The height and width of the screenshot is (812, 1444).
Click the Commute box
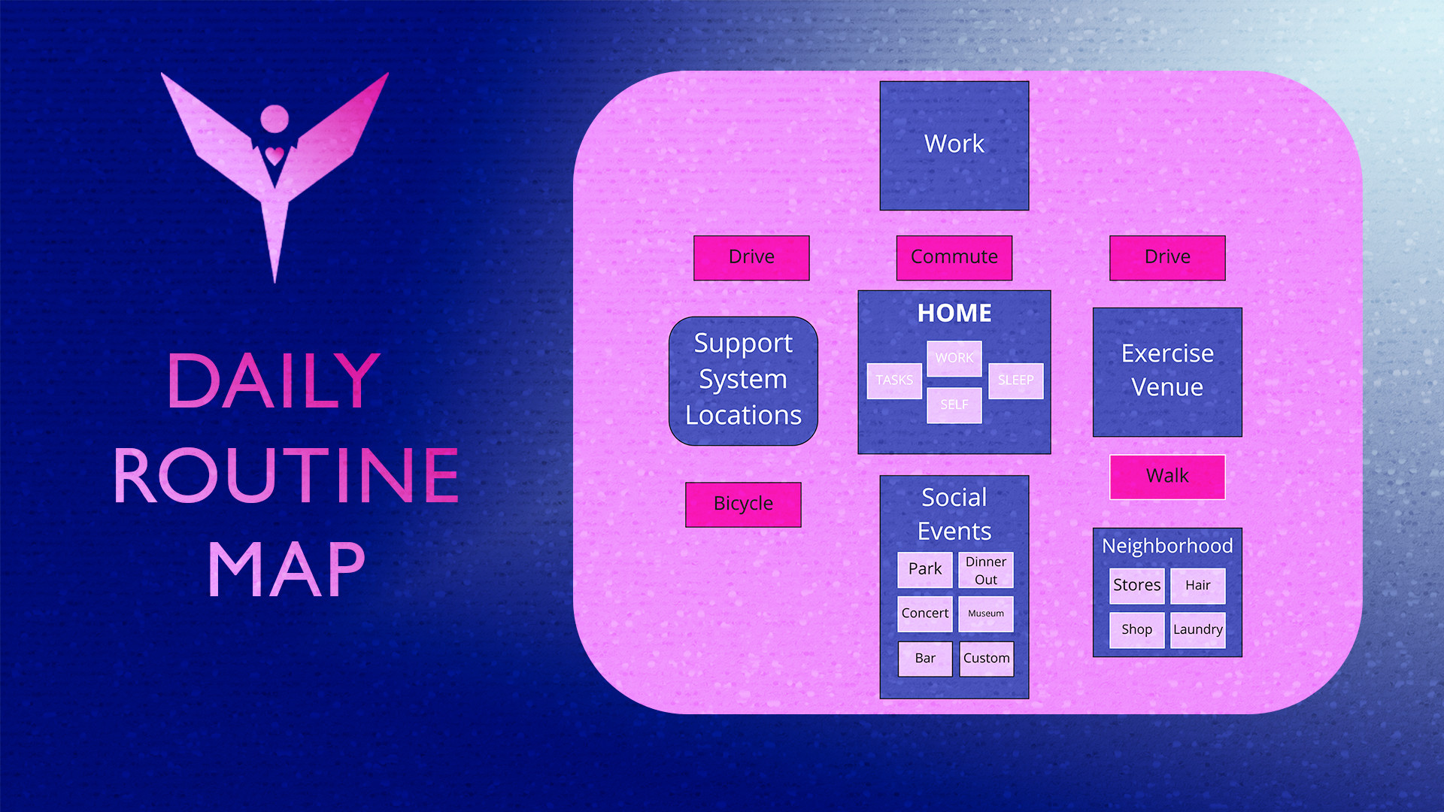(954, 257)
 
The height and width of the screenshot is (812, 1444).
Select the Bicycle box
(743, 504)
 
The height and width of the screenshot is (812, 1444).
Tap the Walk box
(1167, 477)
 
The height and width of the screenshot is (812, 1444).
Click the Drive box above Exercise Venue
(1167, 257)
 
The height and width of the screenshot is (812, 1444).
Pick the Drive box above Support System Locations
(751, 257)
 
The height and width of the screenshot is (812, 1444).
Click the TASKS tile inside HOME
(894, 380)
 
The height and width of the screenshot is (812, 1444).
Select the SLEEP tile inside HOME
(1015, 380)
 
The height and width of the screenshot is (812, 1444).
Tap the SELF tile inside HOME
(954, 405)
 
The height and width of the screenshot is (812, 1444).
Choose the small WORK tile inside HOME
(954, 359)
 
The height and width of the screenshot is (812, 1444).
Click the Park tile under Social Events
(925, 569)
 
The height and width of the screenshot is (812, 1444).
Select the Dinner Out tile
(985, 571)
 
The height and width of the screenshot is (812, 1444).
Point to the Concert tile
(925, 614)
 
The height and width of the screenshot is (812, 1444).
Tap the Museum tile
(985, 614)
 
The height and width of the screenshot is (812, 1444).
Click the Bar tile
(925, 659)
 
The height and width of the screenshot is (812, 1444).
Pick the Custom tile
(986, 659)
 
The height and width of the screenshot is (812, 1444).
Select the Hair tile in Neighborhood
(1197, 586)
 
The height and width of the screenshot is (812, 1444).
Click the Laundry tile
(1197, 630)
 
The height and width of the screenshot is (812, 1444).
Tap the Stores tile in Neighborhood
(1136, 586)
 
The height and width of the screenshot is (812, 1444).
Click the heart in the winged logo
(275, 156)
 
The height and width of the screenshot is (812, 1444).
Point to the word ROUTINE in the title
(286, 475)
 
